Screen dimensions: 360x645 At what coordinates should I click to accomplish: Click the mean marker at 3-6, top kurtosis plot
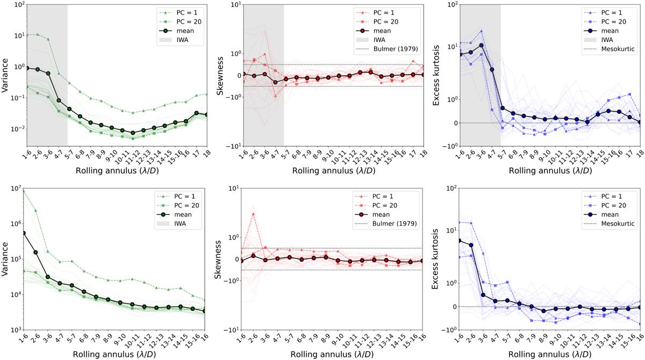pos(482,45)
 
